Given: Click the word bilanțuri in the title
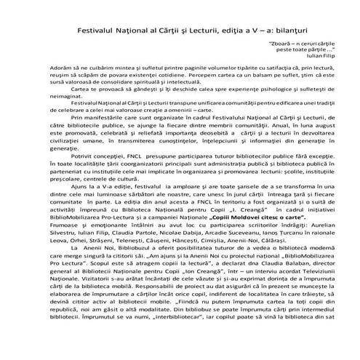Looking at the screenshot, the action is point(263,33).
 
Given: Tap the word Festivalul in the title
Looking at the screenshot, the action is point(101,33).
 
